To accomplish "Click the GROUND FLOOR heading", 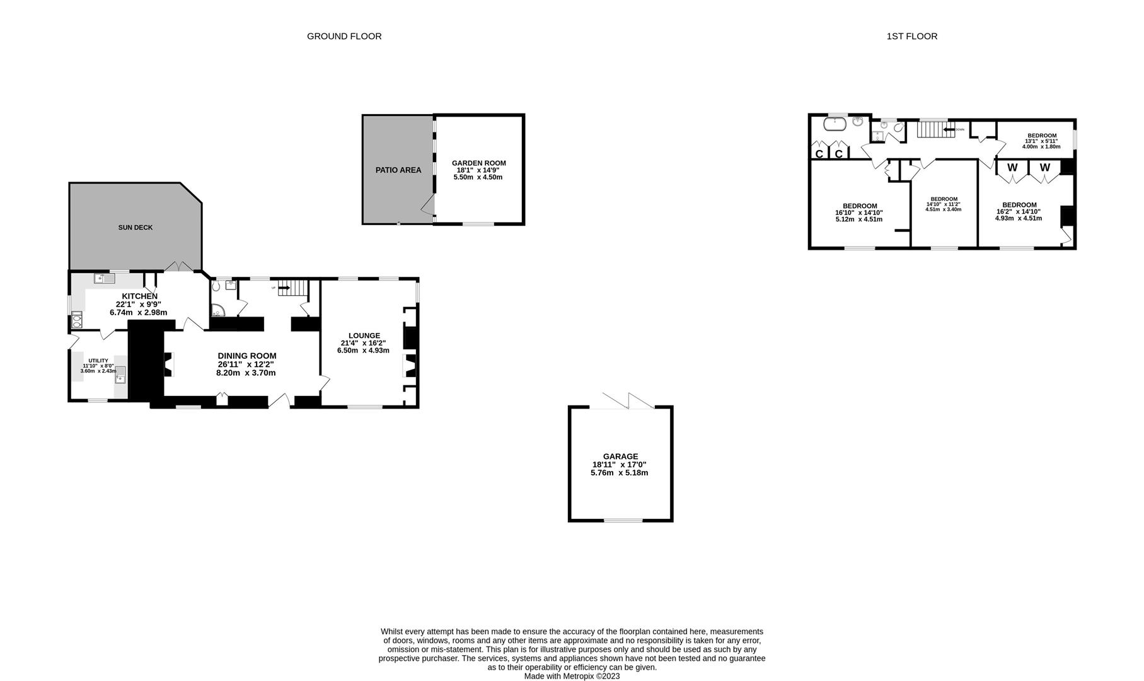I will [x=344, y=37].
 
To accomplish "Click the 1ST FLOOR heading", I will [x=911, y=37].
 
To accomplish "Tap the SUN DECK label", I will [x=136, y=228].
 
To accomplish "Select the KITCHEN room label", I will [x=139, y=296].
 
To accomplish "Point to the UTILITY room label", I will [x=98, y=361].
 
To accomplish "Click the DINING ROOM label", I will [x=247, y=356].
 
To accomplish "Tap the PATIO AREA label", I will [x=398, y=170].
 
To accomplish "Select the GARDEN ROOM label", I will [x=478, y=163].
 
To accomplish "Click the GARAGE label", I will [x=620, y=457].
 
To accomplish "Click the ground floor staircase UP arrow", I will [x=283, y=288].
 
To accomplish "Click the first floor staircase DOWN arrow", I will [x=949, y=129].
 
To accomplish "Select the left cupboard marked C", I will [x=819, y=154].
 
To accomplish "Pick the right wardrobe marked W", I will [x=1045, y=168].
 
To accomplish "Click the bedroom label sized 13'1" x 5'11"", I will [x=1041, y=136].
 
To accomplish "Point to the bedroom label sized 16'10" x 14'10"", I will [x=859, y=206].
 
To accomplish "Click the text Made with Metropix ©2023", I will [x=572, y=676].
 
